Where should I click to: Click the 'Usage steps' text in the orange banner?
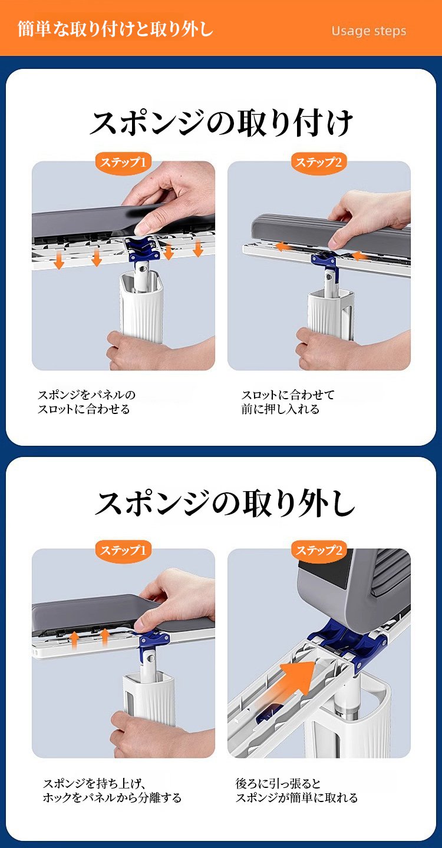pyautogui.click(x=368, y=31)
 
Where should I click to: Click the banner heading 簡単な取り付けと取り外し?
pyautogui.click(x=116, y=29)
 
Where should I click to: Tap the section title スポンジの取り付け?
pyautogui.click(x=222, y=122)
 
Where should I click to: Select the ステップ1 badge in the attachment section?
pyautogui.click(x=123, y=163)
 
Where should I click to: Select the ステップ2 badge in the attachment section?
pyautogui.click(x=319, y=163)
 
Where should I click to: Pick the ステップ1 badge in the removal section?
pyautogui.click(x=123, y=550)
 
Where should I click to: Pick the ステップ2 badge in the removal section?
pyautogui.click(x=319, y=550)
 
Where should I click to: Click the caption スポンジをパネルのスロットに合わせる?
pyautogui.click(x=87, y=402)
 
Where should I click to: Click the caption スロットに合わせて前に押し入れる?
pyautogui.click(x=288, y=402)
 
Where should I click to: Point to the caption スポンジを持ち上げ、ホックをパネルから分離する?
pyautogui.click(x=112, y=790)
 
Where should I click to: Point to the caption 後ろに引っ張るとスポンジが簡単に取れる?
pyautogui.click(x=296, y=790)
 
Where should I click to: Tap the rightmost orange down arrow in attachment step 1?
pyautogui.click(x=197, y=249)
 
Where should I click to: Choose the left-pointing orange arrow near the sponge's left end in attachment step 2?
pyautogui.click(x=283, y=246)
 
